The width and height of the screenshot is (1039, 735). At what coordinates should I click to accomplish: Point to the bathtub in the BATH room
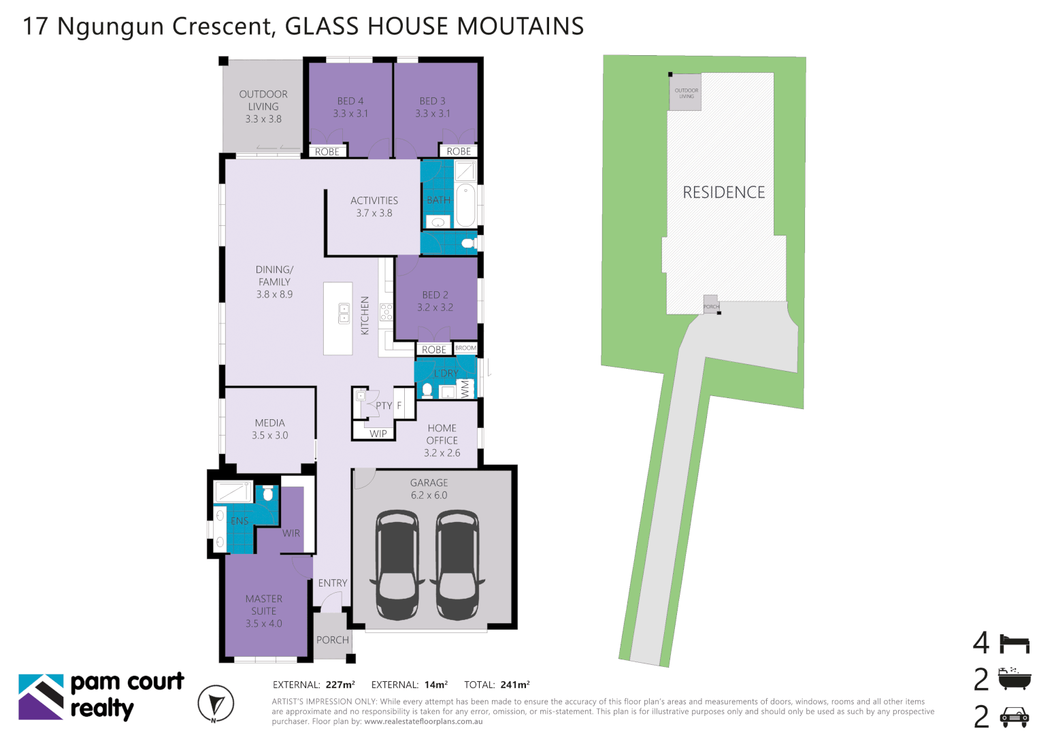pos(465,204)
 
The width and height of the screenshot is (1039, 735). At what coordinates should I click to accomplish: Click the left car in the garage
pos(397,566)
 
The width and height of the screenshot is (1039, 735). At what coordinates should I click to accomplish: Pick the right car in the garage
pos(457,566)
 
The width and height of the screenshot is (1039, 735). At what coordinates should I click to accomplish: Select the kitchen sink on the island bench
pos(344,313)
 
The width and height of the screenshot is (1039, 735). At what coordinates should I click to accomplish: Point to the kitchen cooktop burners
pos(386,312)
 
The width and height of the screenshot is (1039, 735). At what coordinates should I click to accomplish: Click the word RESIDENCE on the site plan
pos(724,193)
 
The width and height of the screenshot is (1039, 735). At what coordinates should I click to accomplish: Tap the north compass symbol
pos(216,704)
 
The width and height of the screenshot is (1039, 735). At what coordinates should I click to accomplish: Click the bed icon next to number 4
pos(1015,643)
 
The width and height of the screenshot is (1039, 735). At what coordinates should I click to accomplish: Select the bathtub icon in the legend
pos(1015,679)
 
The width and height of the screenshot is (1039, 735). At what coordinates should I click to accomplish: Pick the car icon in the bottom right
pos(1015,716)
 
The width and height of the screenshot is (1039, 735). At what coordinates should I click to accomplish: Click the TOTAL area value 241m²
pos(515,685)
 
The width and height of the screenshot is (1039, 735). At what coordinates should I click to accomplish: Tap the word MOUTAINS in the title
pos(521,27)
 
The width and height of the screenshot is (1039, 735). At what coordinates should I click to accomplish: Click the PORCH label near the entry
pos(333,640)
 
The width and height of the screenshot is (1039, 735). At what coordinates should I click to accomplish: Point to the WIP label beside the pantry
pos(378,434)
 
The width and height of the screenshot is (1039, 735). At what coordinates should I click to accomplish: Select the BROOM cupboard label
pos(466,348)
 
